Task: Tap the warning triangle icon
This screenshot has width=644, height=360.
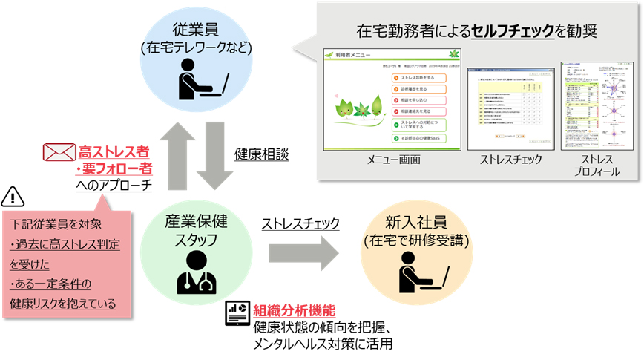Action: (14, 196)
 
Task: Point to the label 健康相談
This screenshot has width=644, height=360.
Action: (262, 154)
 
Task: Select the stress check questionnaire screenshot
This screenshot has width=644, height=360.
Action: (510, 104)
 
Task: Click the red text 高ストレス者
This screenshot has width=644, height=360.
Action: (113, 152)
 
